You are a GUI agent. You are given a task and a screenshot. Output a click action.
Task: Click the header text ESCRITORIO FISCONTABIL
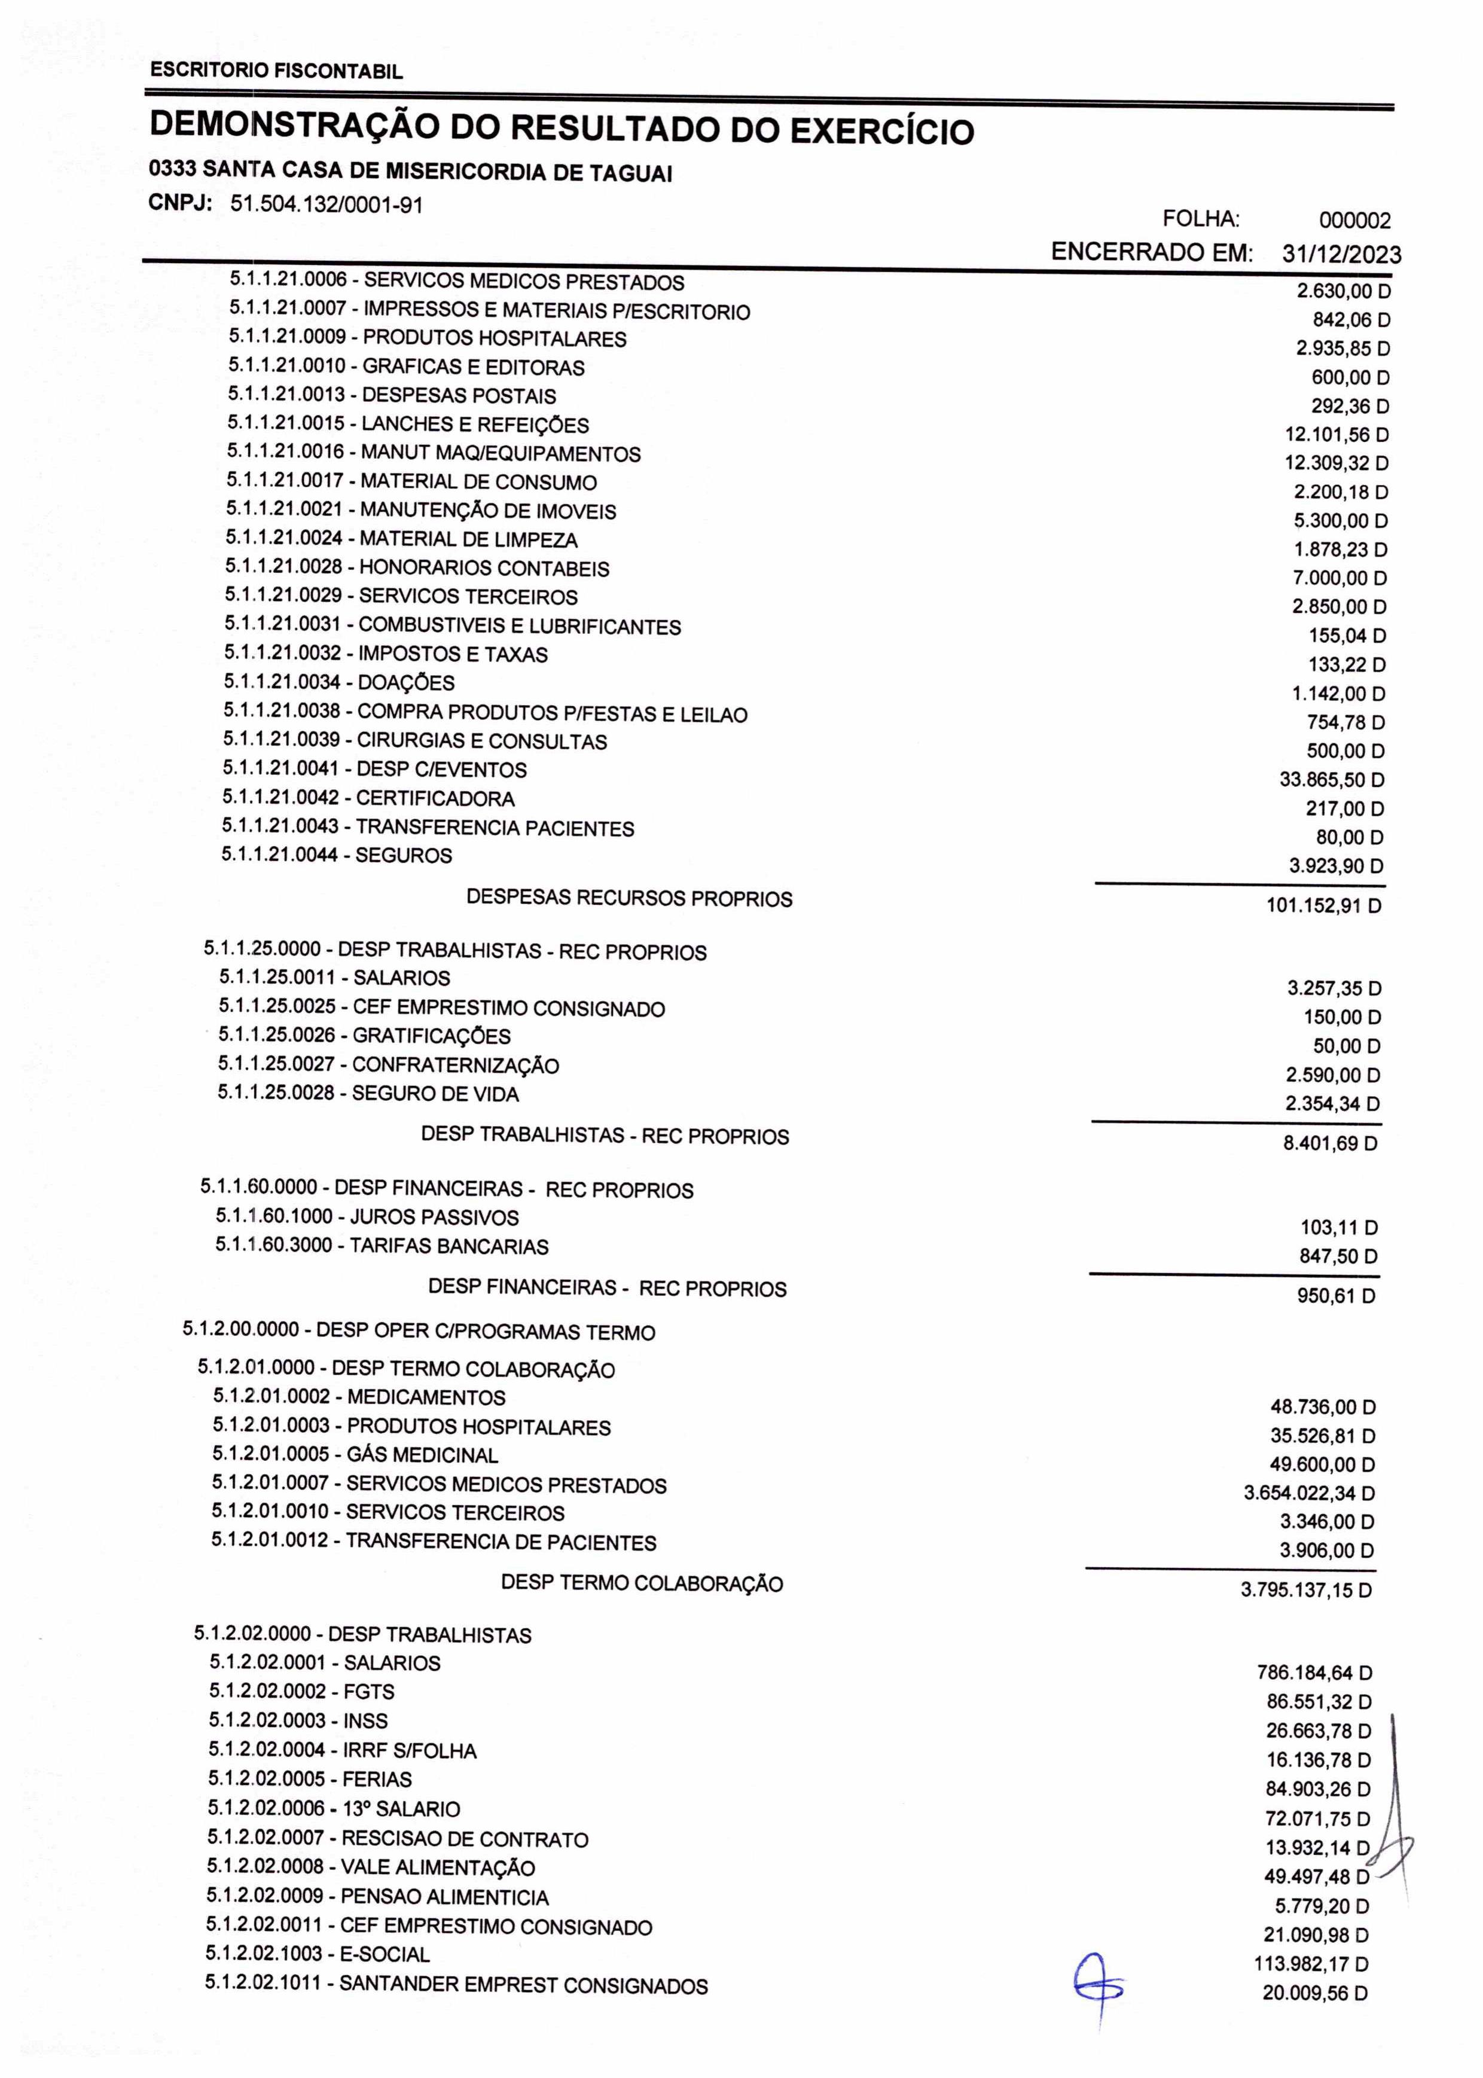[x=276, y=71]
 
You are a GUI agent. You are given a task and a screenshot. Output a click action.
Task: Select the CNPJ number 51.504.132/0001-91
[x=326, y=205]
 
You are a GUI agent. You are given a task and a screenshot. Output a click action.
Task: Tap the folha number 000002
[x=1354, y=220]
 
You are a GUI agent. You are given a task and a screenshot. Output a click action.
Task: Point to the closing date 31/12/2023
[x=1341, y=254]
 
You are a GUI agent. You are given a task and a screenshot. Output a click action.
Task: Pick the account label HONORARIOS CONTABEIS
[x=484, y=568]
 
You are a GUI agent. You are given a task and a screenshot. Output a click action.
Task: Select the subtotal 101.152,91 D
[x=1323, y=907]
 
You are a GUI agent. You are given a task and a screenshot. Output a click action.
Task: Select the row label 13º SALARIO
[x=401, y=1809]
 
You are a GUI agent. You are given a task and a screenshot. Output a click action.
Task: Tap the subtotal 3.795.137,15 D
[x=1306, y=1589]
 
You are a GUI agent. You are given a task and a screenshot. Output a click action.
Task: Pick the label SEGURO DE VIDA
[x=435, y=1093]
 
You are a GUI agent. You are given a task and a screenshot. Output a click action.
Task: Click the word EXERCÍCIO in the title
[x=881, y=132]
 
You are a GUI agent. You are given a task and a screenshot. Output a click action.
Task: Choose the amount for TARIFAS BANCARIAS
[x=1339, y=1256]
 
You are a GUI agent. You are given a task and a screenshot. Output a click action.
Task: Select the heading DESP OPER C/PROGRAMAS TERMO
[x=486, y=1331]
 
